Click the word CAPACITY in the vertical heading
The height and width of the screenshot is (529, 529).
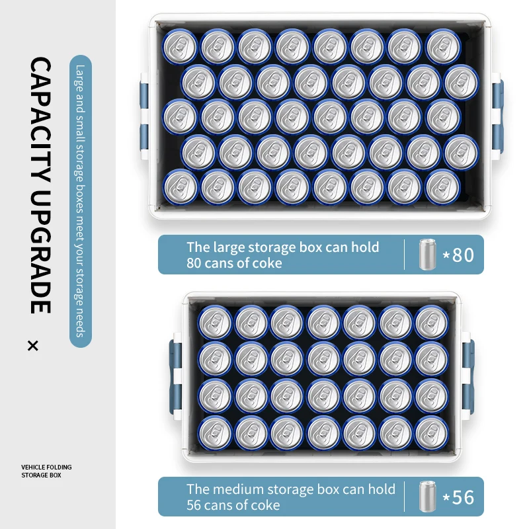click(40, 120)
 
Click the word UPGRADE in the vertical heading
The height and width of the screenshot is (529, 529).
click(40, 252)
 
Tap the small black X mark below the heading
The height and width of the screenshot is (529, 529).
click(33, 346)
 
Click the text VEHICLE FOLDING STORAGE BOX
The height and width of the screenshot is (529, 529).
click(46, 471)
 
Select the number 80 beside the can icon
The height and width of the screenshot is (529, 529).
click(464, 255)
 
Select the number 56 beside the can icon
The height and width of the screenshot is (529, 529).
click(464, 497)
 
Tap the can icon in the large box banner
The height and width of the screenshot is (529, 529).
click(427, 255)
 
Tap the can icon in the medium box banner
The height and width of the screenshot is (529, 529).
click(427, 497)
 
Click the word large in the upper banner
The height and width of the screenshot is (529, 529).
click(224, 248)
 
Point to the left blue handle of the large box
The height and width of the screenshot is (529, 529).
click(144, 116)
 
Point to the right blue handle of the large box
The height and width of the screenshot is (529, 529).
click(498, 116)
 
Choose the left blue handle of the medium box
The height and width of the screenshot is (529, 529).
click(175, 377)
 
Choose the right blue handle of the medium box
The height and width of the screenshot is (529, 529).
click(468, 377)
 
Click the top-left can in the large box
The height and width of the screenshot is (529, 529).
click(179, 46)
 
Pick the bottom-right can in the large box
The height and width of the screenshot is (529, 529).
click(442, 187)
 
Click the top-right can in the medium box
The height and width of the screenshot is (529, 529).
click(432, 322)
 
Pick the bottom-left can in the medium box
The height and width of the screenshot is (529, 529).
click(215, 433)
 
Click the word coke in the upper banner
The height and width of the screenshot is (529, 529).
click(266, 263)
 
